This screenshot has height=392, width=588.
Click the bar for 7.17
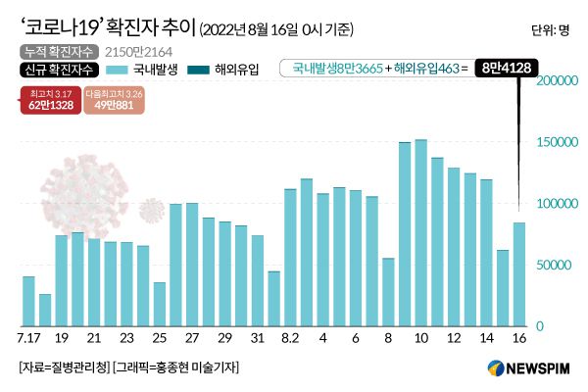pyautogui.click(x=28, y=301)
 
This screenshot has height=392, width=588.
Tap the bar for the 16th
pyautogui.click(x=518, y=274)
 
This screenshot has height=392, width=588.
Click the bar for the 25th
pyautogui.click(x=160, y=304)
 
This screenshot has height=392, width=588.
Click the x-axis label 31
pyautogui.click(x=257, y=338)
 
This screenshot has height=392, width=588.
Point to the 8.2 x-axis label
pyautogui.click(x=290, y=338)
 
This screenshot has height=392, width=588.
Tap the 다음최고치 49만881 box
pyautogui.click(x=113, y=101)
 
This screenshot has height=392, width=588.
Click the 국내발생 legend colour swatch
pyautogui.click(x=117, y=69)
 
